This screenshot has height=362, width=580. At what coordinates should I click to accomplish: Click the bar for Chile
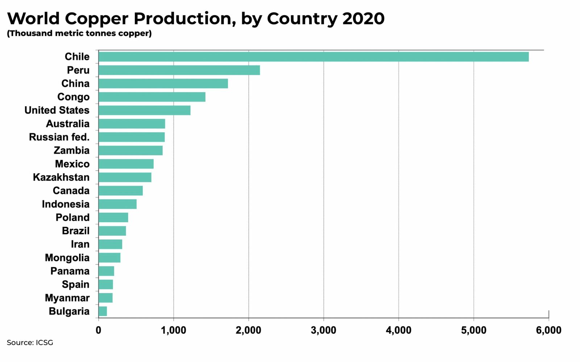point(314,57)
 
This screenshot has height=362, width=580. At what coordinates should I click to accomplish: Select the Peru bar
point(179,70)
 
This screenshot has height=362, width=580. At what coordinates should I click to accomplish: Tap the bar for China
point(163,83)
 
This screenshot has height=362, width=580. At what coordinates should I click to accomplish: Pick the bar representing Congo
point(152,97)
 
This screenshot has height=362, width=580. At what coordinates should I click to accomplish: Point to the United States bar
point(144,110)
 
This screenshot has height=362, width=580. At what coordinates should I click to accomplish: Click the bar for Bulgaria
point(103,311)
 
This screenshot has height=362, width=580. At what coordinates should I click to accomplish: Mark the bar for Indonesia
point(117,204)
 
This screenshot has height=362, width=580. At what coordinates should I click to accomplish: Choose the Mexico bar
point(126,164)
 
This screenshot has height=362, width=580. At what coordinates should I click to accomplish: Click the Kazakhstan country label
point(61,177)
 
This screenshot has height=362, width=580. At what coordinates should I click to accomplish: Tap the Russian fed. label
point(59,137)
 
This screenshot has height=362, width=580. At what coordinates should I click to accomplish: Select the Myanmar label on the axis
point(67,298)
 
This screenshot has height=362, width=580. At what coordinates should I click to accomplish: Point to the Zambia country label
point(71,150)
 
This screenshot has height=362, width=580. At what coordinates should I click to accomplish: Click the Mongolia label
point(67,258)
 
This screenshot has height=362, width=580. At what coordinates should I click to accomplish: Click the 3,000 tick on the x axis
point(323,330)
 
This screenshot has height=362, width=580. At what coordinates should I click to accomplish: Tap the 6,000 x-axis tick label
point(548,330)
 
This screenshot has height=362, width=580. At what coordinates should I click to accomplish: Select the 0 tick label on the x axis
point(98,330)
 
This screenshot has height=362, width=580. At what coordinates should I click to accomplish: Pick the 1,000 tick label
point(173,330)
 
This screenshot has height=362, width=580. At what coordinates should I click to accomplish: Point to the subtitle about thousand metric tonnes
point(79,33)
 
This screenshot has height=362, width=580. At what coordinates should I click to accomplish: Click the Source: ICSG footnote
point(30,342)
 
